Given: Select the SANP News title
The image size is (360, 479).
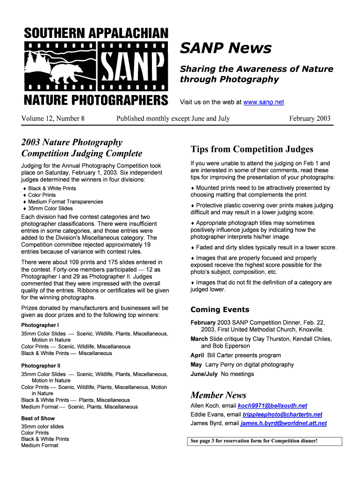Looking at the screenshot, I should (225, 48).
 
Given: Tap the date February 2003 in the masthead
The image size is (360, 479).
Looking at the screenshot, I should (310, 118).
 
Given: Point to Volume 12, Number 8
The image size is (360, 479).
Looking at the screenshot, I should (53, 118).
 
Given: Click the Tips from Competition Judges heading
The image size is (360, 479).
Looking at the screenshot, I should (252, 149).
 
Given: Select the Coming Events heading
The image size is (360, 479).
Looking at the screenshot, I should (220, 310).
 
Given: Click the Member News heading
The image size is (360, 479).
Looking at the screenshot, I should (218, 395).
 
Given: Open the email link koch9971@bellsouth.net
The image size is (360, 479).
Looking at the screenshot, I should (272, 406).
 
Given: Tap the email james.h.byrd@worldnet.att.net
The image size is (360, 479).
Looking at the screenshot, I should (283, 423).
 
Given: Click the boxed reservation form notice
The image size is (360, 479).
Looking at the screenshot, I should (266, 441).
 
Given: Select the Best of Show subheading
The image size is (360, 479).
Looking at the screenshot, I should (38, 418).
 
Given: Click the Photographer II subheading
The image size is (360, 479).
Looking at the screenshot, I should (41, 366).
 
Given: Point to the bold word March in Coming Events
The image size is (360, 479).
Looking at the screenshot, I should (199, 339).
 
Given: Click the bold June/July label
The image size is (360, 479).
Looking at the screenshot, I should (204, 374).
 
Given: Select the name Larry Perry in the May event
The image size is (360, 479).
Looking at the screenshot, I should (219, 364).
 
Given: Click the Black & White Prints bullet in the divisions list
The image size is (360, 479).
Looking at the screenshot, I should (52, 189).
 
